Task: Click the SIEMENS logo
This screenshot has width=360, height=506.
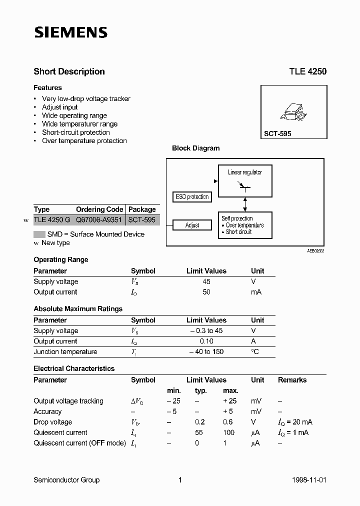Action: click(x=70, y=33)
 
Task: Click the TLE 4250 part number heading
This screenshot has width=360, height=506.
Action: click(x=307, y=71)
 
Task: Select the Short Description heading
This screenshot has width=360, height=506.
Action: click(x=69, y=71)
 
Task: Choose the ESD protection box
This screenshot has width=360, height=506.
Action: click(x=192, y=197)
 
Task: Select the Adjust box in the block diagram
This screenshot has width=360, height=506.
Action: click(x=192, y=225)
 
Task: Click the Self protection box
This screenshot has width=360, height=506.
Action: click(x=245, y=225)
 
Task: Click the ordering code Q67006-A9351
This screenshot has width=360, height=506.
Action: click(x=99, y=220)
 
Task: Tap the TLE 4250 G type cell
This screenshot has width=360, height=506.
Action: click(x=51, y=220)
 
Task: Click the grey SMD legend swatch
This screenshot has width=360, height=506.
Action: click(x=39, y=234)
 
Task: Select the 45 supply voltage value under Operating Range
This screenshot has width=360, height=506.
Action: click(x=206, y=281)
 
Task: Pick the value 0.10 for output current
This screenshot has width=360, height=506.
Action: click(x=206, y=341)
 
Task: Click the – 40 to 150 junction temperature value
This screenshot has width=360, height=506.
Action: click(x=206, y=352)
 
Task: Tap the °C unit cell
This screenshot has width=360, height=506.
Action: click(x=255, y=352)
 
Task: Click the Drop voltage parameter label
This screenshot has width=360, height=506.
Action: click(x=52, y=422)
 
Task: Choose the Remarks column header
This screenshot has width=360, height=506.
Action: click(x=292, y=380)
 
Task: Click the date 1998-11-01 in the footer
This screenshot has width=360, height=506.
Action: click(x=308, y=480)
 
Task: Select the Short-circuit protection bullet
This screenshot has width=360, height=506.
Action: click(x=76, y=132)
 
